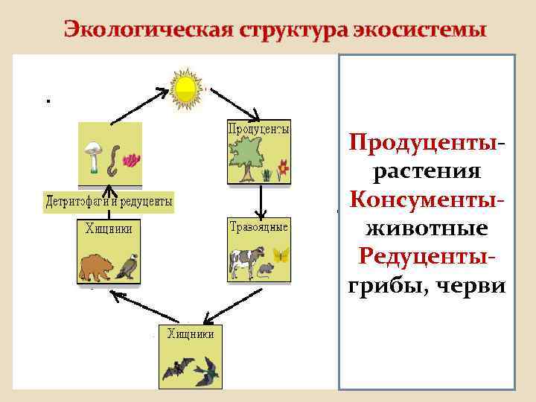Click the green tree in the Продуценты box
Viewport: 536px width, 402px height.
coord(247,159)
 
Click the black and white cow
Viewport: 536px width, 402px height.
coord(243,261)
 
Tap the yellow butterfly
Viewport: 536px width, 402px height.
coord(280,255)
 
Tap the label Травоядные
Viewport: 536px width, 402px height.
coord(258,227)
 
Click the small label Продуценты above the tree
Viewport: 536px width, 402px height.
coord(258,129)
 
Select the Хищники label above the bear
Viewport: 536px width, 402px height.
coord(109,229)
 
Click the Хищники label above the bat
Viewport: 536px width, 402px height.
coord(191,334)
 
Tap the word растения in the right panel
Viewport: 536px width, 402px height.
coord(427,171)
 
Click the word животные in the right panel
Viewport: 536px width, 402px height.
coord(427,227)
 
